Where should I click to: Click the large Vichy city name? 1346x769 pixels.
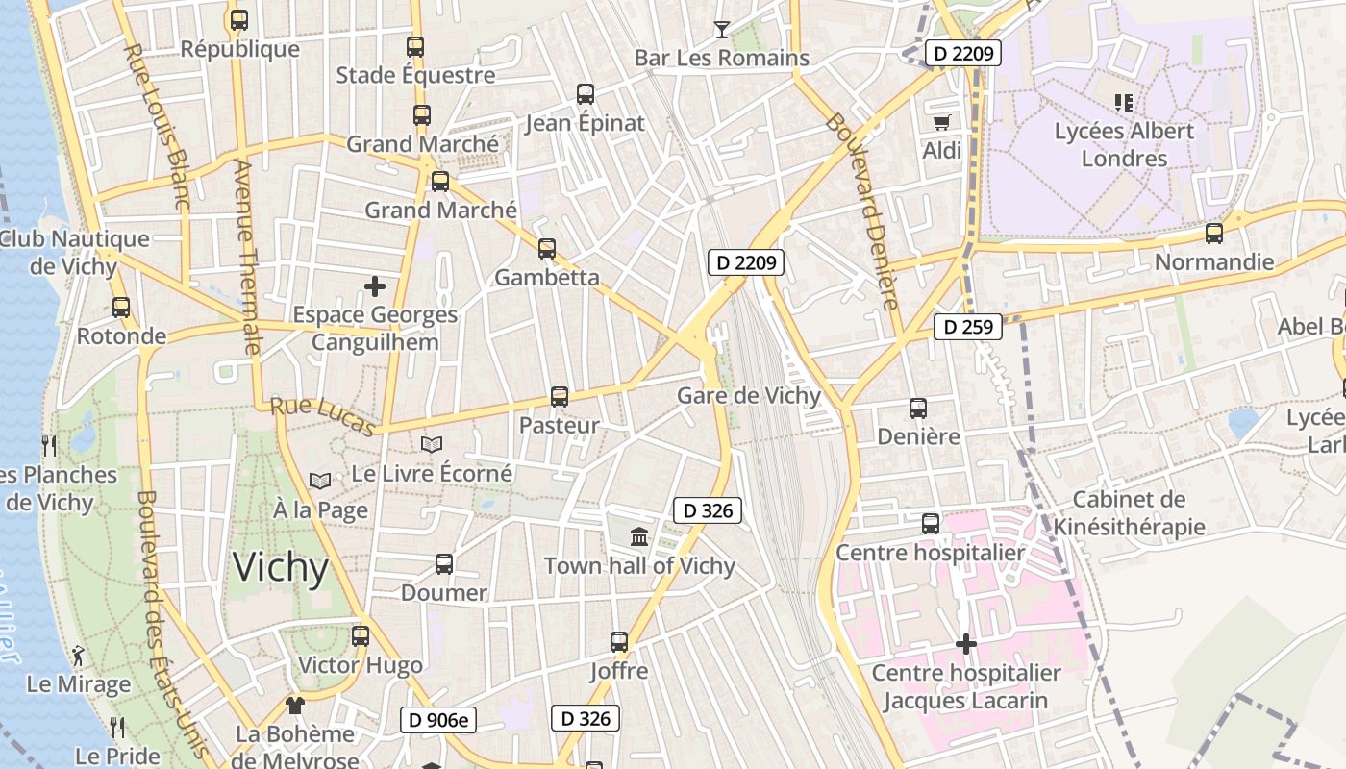point(281,567)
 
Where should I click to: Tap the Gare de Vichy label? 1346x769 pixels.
point(749,396)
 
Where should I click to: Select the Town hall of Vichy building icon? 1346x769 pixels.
point(639,536)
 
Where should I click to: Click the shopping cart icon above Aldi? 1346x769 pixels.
point(941,122)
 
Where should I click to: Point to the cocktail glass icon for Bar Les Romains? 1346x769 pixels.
point(721,29)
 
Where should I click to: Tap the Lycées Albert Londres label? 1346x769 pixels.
point(1124,144)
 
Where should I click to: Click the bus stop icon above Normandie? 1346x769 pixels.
point(1214,233)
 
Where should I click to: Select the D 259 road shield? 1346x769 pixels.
point(968,327)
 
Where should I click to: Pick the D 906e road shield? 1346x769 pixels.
point(437,719)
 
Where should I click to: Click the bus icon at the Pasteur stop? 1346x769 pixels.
point(559,396)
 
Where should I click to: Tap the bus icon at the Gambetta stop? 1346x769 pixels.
point(547,249)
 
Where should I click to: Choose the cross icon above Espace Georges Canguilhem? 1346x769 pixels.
point(375,285)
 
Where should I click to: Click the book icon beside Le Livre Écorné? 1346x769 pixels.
point(432,445)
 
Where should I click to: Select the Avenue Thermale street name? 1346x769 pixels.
point(246,257)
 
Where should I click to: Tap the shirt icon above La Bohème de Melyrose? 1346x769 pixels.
point(294,706)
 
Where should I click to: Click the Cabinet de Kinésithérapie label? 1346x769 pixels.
point(1129,512)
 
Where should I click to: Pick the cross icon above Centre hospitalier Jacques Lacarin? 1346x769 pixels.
point(965,644)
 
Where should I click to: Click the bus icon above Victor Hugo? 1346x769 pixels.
point(361,635)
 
